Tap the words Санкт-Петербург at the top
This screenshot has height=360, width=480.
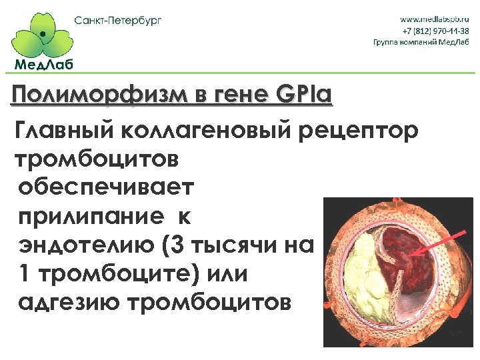pos(118,20)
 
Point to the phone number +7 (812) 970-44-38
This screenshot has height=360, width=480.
pos(440,31)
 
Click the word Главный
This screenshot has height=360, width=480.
pos(61,131)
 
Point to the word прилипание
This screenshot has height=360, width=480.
pos(89,217)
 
